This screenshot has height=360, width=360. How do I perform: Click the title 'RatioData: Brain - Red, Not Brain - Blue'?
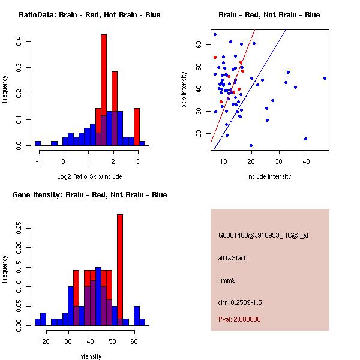pos(89,14)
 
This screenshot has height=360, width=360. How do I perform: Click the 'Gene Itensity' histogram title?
pos(89,194)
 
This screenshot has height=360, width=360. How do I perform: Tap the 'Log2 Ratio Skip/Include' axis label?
pos(89,176)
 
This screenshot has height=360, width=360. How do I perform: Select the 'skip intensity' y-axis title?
pos(185,90)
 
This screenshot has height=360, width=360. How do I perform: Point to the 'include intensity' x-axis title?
pos(269,176)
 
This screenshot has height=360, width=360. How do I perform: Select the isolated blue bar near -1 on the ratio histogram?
pos(38,143)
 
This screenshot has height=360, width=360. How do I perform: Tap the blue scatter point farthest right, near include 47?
pos(325,78)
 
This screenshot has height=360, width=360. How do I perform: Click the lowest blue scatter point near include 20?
pos(251,145)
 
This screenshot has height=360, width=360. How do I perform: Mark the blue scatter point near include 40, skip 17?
pos(306,139)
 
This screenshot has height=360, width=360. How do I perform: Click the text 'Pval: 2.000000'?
pos(239,319)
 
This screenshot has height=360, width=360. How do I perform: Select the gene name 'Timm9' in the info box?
pos(227,280)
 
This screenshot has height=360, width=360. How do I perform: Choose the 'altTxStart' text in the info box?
pos(232,258)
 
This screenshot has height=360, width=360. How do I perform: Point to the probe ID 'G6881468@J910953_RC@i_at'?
pos(263,236)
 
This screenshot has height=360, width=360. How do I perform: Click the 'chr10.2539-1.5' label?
pos(240,301)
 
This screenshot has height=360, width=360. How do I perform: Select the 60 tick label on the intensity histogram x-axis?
pos(134,341)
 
